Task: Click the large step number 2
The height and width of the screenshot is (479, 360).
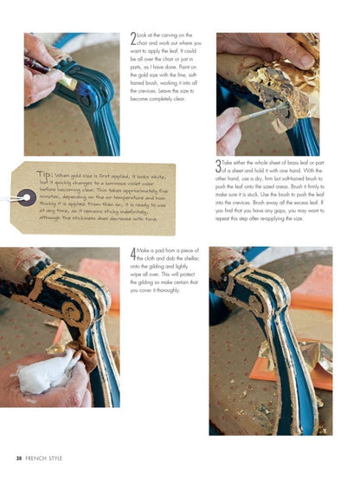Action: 132,39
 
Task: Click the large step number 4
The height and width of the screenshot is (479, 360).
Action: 132,254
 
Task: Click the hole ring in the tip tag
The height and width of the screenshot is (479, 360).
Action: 28,198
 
